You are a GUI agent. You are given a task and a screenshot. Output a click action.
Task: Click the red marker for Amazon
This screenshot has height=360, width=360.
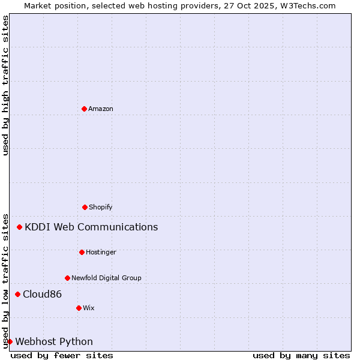(84, 109)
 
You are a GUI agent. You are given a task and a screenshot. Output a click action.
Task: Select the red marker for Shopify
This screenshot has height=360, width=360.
(85, 207)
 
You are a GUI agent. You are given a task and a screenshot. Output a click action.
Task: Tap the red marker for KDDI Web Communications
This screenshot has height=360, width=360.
(20, 227)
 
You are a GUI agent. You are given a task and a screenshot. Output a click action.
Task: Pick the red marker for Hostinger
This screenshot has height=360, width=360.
(82, 252)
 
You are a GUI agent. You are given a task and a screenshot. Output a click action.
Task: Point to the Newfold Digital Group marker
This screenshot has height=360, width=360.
(67, 278)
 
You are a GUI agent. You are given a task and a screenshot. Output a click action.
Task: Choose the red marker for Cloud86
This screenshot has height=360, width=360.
(18, 294)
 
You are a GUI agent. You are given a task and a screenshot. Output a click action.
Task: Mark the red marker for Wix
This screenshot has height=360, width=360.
(79, 308)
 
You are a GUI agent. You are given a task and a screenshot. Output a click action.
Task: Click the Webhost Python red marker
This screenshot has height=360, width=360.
(10, 341)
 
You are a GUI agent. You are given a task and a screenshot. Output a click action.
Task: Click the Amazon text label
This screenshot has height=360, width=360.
(101, 109)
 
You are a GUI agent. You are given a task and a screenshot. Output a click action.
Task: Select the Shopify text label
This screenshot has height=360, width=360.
(101, 207)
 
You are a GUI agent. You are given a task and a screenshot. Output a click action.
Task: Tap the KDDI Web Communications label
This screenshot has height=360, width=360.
(91, 227)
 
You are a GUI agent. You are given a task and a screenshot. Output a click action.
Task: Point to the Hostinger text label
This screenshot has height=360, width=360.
(101, 252)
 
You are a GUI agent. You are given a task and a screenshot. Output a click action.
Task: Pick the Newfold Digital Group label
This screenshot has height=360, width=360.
(106, 278)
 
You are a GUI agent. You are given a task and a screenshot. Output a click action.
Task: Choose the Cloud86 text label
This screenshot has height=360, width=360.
(42, 294)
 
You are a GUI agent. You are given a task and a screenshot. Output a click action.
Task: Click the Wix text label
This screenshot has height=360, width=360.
(89, 308)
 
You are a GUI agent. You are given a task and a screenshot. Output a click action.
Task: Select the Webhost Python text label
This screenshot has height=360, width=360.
(54, 341)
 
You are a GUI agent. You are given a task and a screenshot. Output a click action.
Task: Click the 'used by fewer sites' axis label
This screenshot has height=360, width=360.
(62, 355)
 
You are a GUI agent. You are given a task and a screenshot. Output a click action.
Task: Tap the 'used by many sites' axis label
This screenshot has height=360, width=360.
(301, 355)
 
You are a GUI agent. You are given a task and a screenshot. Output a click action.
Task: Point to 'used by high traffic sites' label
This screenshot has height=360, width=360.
(5, 85)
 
